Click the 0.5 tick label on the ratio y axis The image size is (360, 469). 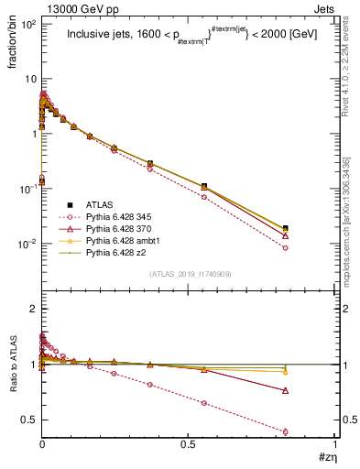tap(29, 420)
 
